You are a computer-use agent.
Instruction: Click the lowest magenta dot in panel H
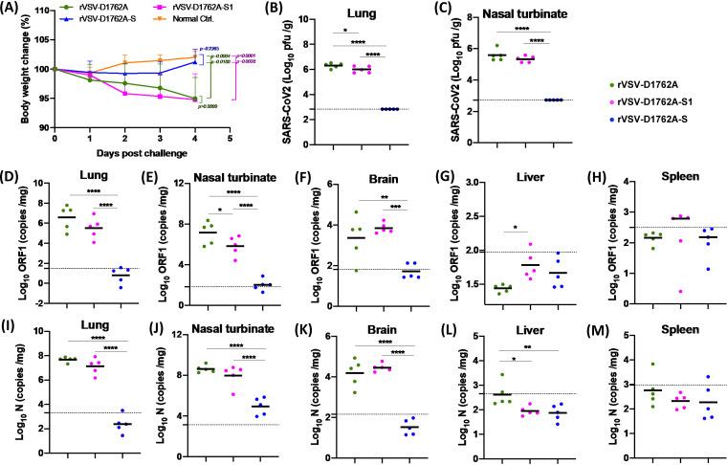[650, 291]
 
